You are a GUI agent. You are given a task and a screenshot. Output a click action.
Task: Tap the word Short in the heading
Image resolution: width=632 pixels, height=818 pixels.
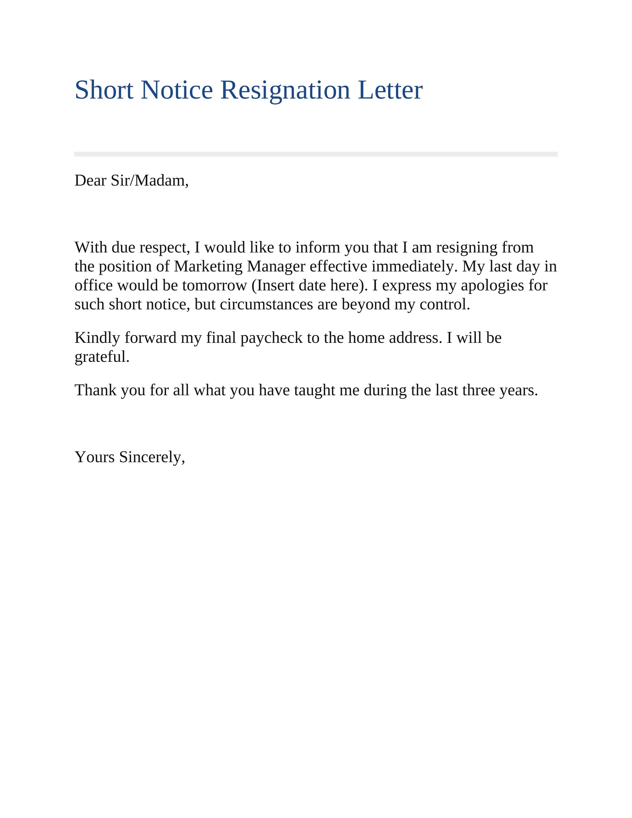[x=104, y=90]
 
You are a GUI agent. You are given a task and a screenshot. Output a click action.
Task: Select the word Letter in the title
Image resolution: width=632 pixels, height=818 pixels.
[x=390, y=90]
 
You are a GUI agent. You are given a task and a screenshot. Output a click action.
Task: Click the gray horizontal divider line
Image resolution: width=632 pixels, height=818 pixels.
[x=316, y=154]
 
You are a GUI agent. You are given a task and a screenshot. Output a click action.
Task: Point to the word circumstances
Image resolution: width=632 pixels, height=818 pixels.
[x=266, y=304]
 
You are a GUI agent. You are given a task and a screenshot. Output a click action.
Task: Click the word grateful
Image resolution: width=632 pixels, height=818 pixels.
[x=102, y=357]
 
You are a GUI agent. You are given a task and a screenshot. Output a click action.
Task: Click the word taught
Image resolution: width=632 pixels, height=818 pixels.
[x=315, y=390]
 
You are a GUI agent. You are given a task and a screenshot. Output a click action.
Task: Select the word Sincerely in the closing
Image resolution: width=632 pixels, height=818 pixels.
[x=152, y=457]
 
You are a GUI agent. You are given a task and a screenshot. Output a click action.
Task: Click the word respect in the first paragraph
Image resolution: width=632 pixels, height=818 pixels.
[x=165, y=248]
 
